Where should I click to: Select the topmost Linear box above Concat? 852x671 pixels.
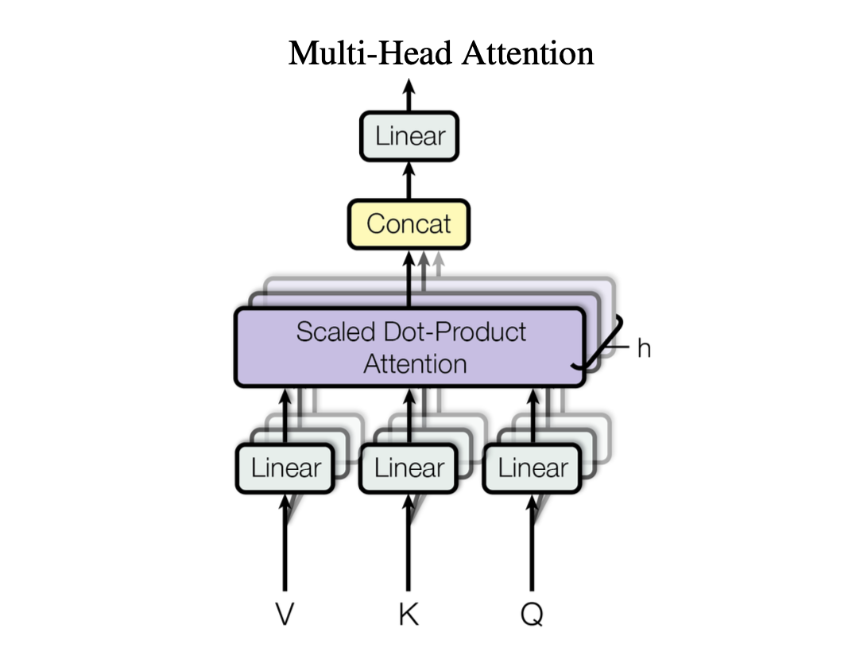click(409, 136)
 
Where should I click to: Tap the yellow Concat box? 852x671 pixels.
click(409, 223)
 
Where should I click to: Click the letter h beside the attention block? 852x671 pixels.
click(644, 347)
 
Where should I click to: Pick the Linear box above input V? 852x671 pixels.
click(286, 467)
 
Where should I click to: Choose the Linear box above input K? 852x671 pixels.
click(409, 467)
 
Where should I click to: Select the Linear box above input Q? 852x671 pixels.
click(532, 467)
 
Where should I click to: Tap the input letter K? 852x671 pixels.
click(409, 615)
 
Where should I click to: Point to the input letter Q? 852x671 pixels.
click(532, 615)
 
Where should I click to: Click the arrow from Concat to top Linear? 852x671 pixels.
click(409, 180)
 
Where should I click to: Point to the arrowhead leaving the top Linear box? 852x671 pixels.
click(409, 89)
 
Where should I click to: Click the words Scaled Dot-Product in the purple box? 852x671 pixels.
click(411, 332)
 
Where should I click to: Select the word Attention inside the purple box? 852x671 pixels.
click(415, 364)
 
